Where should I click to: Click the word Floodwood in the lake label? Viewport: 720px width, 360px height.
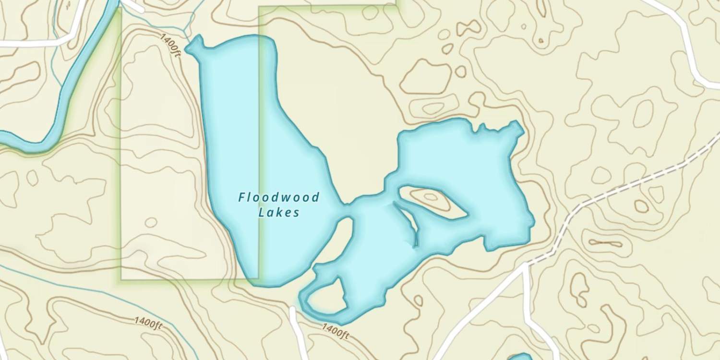pyautogui.click(x=279, y=197)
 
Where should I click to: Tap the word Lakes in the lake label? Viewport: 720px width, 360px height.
pyautogui.click(x=279, y=213)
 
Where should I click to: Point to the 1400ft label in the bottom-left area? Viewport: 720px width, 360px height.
pyautogui.click(x=148, y=323)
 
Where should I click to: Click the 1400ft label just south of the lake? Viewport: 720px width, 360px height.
pyautogui.click(x=335, y=331)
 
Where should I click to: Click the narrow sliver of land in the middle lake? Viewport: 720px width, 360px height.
pyautogui.click(x=407, y=222)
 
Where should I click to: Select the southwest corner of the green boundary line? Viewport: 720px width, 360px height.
pyautogui.click(x=121, y=279)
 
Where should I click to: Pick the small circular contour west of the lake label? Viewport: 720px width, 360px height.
pyautogui.click(x=151, y=222)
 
